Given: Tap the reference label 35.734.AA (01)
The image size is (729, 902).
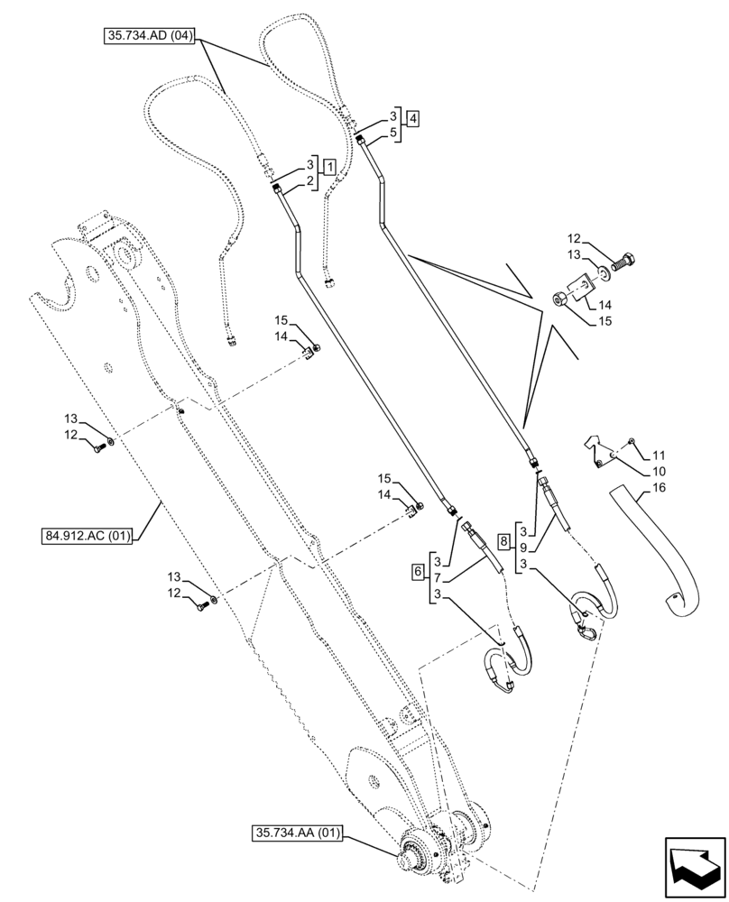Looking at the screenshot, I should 296,833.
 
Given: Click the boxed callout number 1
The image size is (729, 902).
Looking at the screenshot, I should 330,166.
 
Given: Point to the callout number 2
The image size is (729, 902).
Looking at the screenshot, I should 309,181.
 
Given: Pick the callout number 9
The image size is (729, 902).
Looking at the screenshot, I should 523,547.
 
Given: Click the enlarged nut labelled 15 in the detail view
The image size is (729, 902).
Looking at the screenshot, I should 559,299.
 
